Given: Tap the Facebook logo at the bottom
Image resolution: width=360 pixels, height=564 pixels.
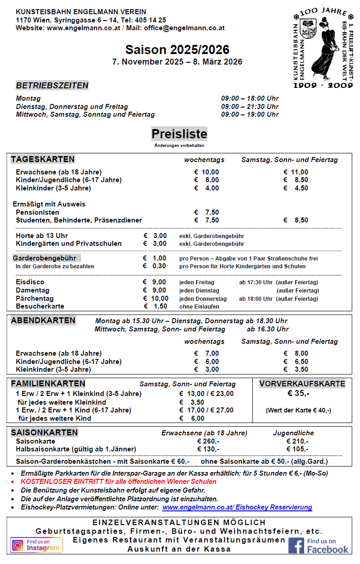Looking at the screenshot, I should click(x=318, y=545).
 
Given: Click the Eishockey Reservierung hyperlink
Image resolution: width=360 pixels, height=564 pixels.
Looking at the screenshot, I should click(x=237, y=507).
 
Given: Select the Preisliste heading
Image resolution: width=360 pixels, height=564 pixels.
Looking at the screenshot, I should click(x=179, y=134).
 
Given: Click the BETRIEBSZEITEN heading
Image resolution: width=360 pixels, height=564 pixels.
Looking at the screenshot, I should click(x=52, y=86).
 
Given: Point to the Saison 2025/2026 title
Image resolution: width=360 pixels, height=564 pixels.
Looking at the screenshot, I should click(x=177, y=50).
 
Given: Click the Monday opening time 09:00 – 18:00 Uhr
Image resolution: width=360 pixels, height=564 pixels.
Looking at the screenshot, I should click(x=250, y=98).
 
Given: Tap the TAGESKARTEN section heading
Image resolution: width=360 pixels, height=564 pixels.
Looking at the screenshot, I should click(x=43, y=159).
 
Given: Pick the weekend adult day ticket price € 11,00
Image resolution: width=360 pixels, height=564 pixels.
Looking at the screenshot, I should click(x=296, y=172).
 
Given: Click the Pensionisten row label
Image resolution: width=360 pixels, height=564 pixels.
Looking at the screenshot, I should click(x=37, y=212).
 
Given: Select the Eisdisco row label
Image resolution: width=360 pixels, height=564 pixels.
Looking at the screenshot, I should click(x=30, y=282).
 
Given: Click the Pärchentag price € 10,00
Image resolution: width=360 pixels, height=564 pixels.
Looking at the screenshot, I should click(x=156, y=298).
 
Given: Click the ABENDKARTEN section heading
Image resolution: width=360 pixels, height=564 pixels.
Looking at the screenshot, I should click(x=43, y=320).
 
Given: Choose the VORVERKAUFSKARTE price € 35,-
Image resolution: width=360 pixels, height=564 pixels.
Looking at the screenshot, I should click(x=298, y=393).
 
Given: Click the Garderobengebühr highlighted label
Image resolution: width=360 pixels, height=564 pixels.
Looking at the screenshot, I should click(x=44, y=258).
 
